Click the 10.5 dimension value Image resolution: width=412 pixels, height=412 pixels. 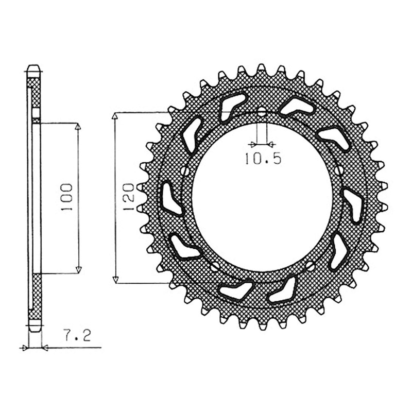click(263, 159)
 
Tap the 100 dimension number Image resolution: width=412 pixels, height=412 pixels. click(66, 197)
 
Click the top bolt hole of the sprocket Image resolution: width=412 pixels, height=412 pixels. click(262, 112)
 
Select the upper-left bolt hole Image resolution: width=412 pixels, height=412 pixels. click(185, 171)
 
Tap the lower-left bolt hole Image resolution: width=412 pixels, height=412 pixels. click(215, 266)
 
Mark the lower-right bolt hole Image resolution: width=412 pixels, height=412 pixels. click(311, 266)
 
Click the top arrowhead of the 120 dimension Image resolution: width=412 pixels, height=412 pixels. click(115, 117)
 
